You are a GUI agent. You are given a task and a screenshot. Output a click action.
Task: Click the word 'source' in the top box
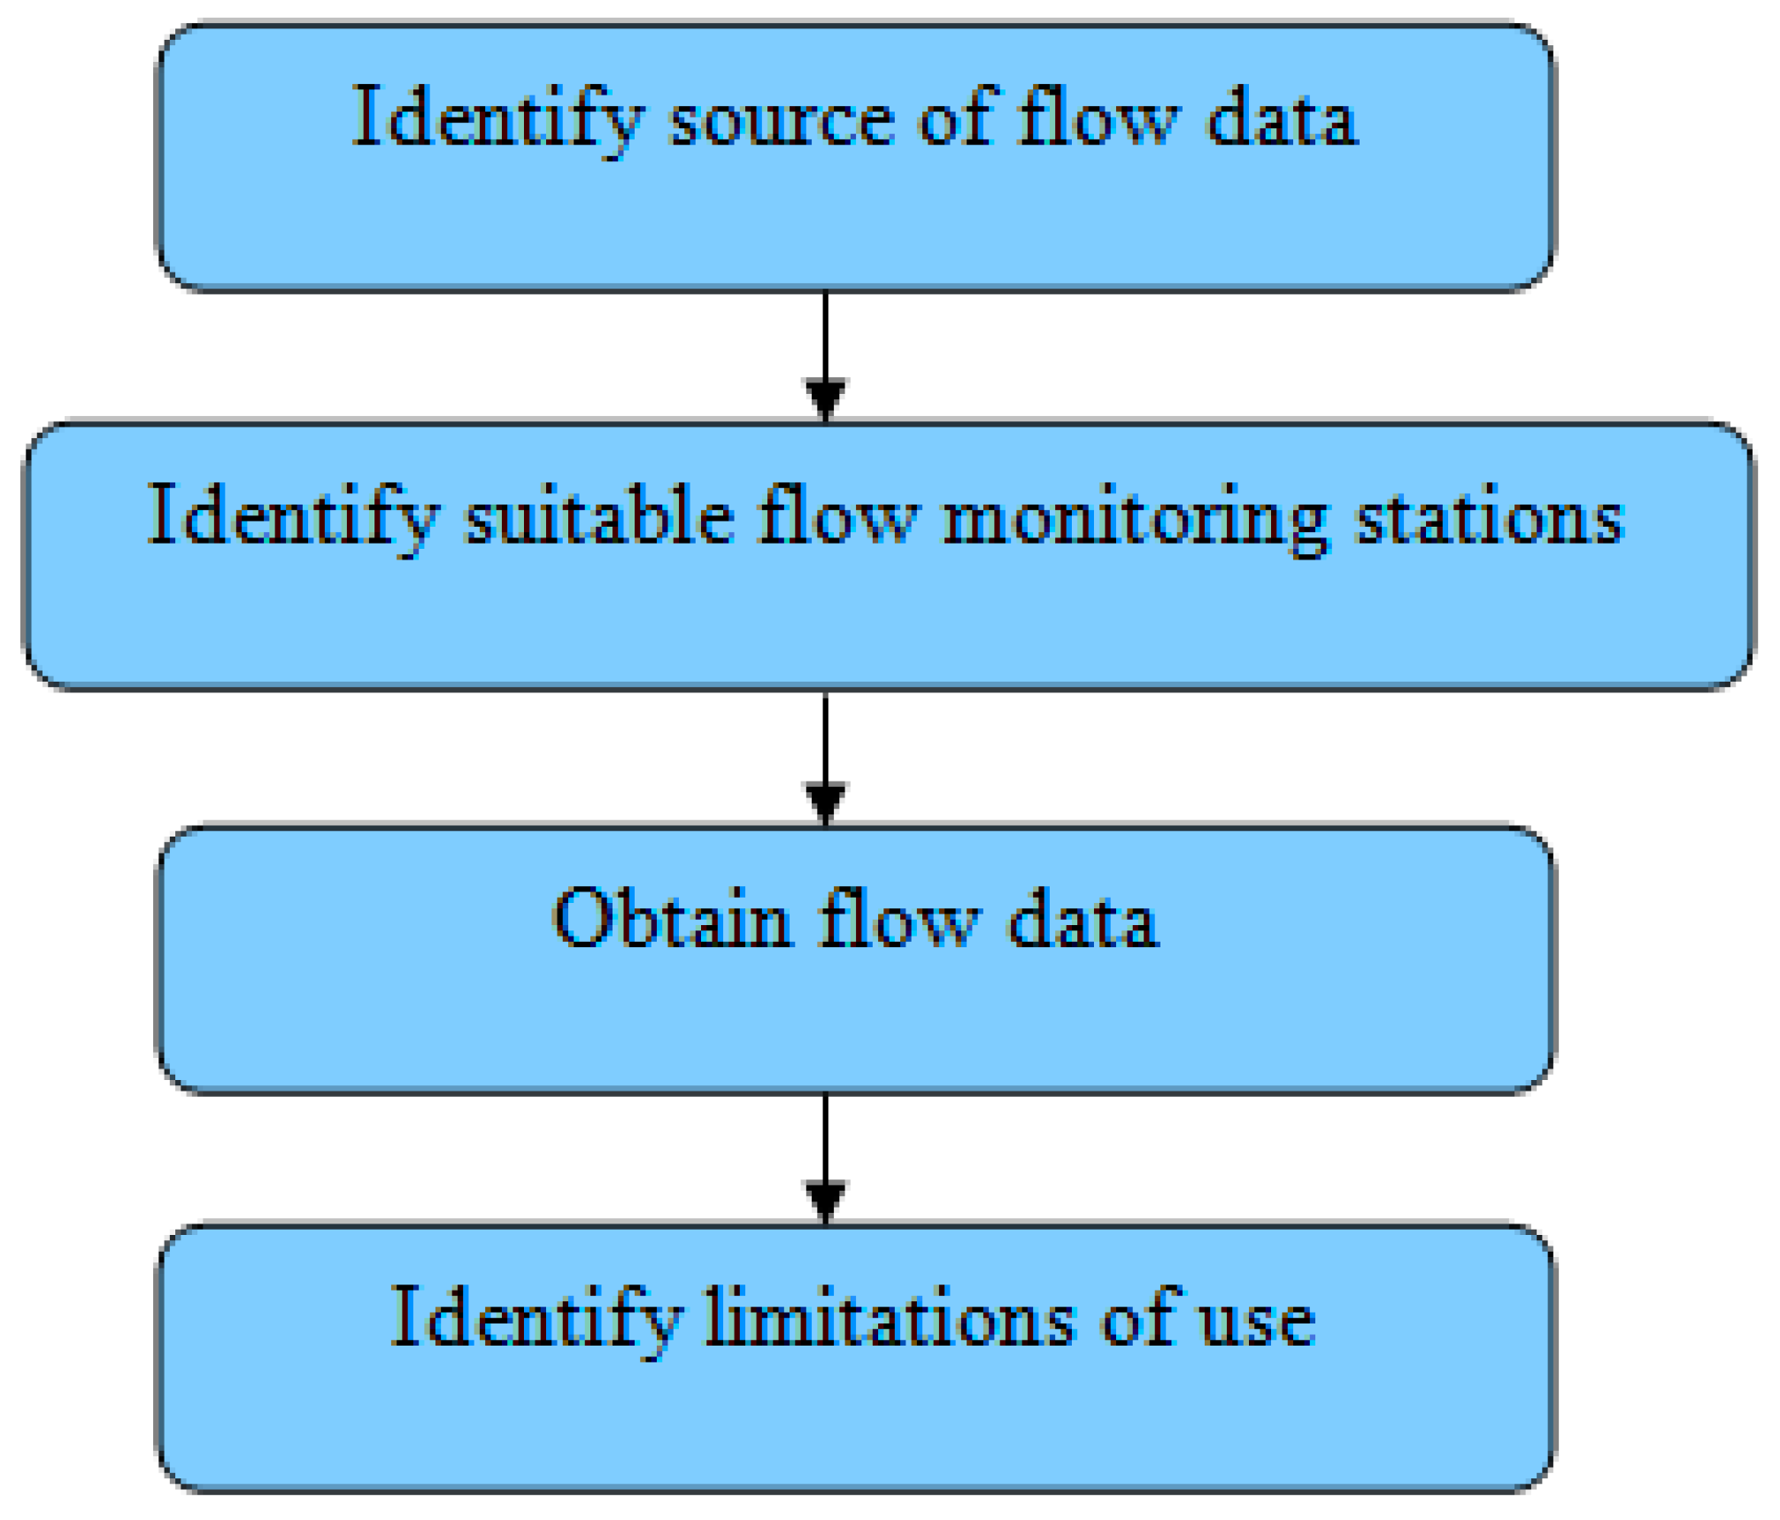point(782,120)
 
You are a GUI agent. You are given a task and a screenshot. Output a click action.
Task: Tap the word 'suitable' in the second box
point(599,517)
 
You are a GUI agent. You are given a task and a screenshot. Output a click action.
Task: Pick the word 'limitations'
point(890,1320)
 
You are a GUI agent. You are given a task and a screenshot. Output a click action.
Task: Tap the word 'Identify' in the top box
point(497,120)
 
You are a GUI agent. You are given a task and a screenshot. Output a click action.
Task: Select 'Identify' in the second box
point(292,519)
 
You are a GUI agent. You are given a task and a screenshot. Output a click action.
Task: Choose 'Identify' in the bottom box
point(536,1320)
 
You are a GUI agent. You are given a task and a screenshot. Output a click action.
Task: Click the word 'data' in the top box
point(1281,120)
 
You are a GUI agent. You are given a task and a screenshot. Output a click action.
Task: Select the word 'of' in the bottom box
point(1141,1318)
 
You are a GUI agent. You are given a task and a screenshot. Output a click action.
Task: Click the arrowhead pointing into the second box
point(826,398)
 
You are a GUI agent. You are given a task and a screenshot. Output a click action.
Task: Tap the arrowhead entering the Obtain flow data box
point(826,802)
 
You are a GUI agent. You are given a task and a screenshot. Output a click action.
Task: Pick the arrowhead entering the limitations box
point(826,1200)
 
